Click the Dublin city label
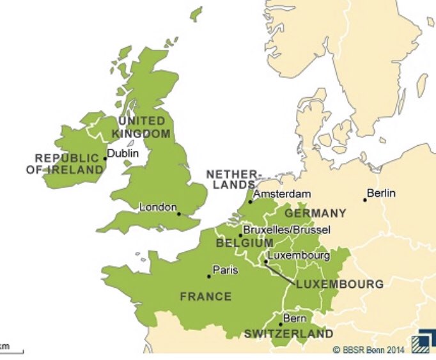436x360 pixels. (x=123, y=153)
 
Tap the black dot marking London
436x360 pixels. (x=179, y=214)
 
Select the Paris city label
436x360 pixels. (x=225, y=270)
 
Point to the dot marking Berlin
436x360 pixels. (x=365, y=200)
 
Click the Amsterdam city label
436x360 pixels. (x=283, y=194)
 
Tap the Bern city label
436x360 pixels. (x=295, y=318)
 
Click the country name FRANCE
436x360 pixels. (x=205, y=296)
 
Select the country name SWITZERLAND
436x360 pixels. (x=288, y=334)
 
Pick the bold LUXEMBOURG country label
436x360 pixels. (x=340, y=284)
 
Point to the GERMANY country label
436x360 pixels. (x=315, y=213)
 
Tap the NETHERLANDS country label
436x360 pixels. (x=234, y=179)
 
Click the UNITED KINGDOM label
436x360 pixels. (x=141, y=127)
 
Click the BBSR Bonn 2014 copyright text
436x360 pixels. (x=368, y=350)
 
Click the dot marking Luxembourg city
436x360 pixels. (x=265, y=262)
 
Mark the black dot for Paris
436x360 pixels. (x=208, y=276)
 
